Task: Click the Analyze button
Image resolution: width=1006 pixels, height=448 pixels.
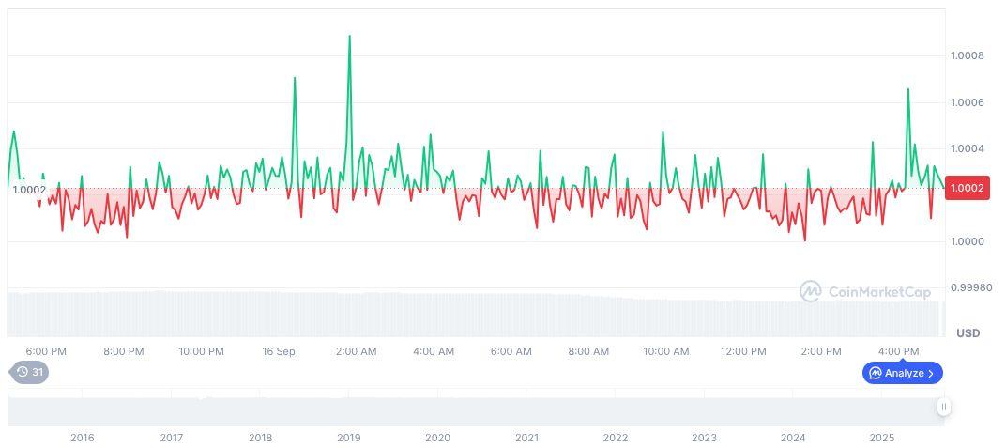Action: [x=903, y=373]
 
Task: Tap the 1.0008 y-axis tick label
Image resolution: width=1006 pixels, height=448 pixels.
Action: [x=968, y=56]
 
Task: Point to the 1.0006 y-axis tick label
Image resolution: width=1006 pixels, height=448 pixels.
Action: [x=968, y=102]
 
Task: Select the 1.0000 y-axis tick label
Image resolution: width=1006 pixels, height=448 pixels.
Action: [x=968, y=241]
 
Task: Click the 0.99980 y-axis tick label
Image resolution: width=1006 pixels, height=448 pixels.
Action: [x=970, y=287]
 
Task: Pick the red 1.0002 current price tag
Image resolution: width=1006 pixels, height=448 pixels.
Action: [x=968, y=189]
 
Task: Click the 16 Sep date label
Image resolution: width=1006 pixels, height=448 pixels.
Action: [x=279, y=351]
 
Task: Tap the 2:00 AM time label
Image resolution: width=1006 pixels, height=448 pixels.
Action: [x=356, y=351]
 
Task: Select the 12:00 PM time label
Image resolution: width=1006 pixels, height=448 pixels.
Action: [x=743, y=351]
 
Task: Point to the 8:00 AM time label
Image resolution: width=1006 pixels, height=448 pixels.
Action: [x=588, y=351]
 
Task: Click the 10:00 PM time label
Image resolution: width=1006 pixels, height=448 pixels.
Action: [x=201, y=351]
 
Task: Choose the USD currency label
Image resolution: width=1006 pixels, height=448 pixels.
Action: [x=968, y=333]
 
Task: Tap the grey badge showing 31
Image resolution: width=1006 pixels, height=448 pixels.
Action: [x=30, y=372]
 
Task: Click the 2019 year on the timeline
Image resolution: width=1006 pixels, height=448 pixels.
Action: [x=348, y=438]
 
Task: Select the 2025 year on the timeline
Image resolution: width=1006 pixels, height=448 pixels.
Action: [x=881, y=438]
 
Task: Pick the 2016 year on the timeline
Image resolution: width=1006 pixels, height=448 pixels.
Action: [x=83, y=438]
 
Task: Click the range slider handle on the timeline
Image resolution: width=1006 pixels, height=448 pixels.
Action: [x=943, y=407]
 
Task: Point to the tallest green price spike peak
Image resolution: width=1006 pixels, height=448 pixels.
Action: [x=350, y=37]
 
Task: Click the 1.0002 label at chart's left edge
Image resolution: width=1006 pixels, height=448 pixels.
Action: [x=29, y=190]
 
